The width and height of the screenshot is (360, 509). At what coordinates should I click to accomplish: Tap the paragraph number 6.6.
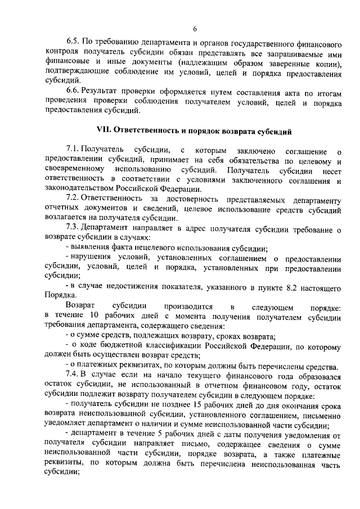click(x=73, y=90)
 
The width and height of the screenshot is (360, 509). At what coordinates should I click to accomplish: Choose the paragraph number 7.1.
click(x=73, y=151)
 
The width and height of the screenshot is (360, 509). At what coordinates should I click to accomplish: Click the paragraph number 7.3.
click(x=73, y=227)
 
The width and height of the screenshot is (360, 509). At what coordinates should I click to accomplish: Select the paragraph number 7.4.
click(x=73, y=373)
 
